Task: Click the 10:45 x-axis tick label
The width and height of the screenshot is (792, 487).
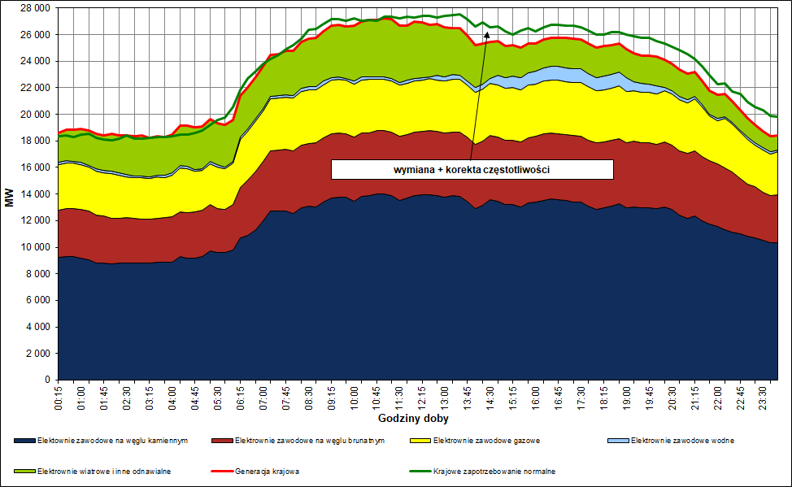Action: (x=379, y=398)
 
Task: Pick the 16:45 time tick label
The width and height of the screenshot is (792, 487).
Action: (x=560, y=398)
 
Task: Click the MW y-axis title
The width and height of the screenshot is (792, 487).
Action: (x=10, y=195)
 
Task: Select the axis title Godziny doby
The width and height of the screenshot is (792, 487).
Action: (x=412, y=421)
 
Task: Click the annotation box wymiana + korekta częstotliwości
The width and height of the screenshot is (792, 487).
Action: (x=472, y=169)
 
